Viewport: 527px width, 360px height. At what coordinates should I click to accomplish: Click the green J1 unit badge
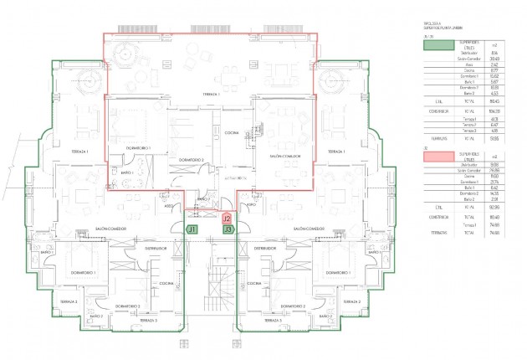[x=192, y=228]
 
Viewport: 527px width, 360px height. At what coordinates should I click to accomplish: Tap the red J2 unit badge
[x=227, y=218]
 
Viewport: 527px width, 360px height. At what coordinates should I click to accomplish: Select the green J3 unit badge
[x=228, y=228]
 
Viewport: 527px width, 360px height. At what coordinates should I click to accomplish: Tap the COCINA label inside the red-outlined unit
[x=232, y=133]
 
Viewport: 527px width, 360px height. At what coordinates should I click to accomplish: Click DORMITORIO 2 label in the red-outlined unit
[x=192, y=158]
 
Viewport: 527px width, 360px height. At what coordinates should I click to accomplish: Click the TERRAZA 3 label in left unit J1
[x=149, y=321]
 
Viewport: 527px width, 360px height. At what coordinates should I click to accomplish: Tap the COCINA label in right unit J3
[x=254, y=284]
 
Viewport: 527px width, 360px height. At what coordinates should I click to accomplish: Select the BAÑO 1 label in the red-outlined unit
[x=127, y=172]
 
